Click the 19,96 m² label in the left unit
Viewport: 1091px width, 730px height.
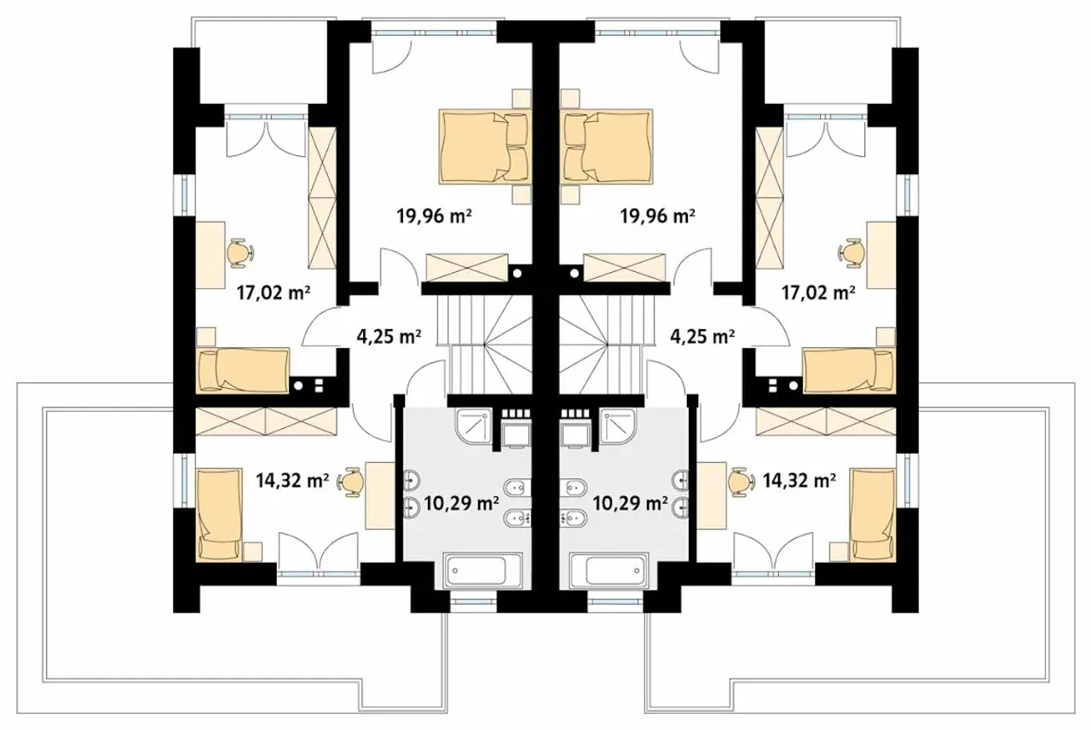434,215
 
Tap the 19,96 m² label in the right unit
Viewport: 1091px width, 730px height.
657,215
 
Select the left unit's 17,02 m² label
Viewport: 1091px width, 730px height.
274,293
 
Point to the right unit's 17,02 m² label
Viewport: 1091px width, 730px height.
818,293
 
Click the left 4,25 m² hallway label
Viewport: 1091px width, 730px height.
389,336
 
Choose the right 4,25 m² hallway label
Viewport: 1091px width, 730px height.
702,336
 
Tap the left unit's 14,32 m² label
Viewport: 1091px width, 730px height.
292,480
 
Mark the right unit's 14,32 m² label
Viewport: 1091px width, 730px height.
799,480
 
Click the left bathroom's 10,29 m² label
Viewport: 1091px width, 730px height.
461,503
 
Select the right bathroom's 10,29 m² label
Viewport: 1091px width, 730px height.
630,503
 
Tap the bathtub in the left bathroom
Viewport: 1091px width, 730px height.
482,571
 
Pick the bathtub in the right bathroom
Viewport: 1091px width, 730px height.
609,571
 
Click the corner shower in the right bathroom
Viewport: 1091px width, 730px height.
619,426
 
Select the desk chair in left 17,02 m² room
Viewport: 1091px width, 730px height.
240,252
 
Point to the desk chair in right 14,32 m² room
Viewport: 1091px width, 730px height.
741,482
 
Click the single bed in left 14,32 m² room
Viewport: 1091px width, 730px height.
219,514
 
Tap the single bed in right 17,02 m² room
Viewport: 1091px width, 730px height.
849,370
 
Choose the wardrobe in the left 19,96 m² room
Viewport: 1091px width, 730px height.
467,267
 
